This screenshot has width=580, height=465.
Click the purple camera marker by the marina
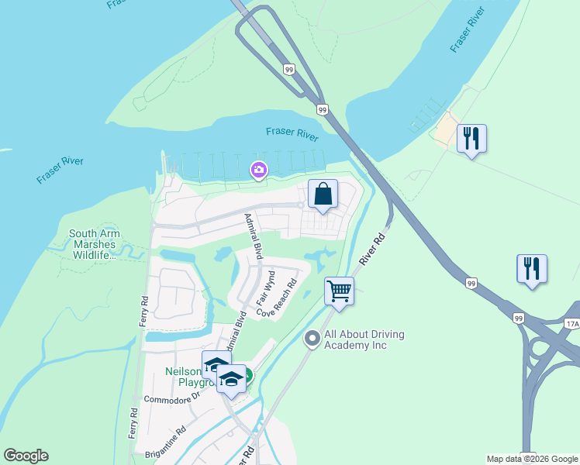point(258,170)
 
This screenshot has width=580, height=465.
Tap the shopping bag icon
point(323,195)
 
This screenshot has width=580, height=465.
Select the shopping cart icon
point(339,291)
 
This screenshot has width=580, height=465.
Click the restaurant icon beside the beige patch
point(471,138)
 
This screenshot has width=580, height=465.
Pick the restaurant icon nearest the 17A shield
point(532,269)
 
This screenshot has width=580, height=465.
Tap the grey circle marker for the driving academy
point(312,338)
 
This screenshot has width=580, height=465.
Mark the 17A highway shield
point(572,325)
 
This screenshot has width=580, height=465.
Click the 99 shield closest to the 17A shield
point(519,318)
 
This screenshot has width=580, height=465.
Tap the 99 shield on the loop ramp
point(288,69)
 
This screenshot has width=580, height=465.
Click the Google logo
point(26,456)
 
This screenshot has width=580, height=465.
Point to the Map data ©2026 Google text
point(533,459)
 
